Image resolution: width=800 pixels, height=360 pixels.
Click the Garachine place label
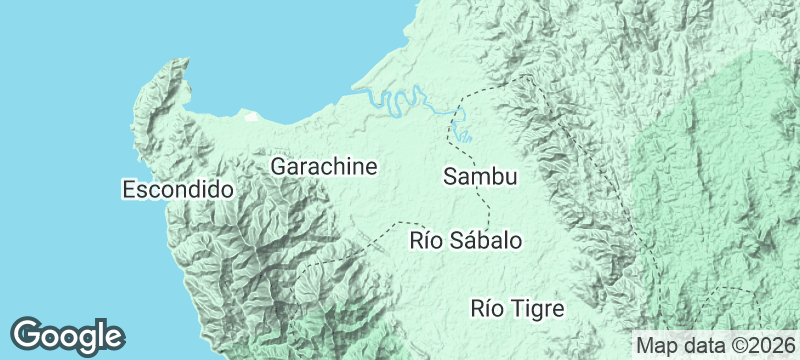[x=324, y=167]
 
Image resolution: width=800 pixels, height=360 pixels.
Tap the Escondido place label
[x=177, y=189]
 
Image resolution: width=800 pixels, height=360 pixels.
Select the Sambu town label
[x=480, y=178]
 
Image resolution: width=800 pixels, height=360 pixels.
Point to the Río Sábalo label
[x=466, y=241]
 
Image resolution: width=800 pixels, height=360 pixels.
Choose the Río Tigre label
[x=517, y=308]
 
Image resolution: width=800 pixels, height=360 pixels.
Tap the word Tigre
[x=537, y=308]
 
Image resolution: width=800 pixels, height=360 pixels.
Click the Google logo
[x=68, y=335]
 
